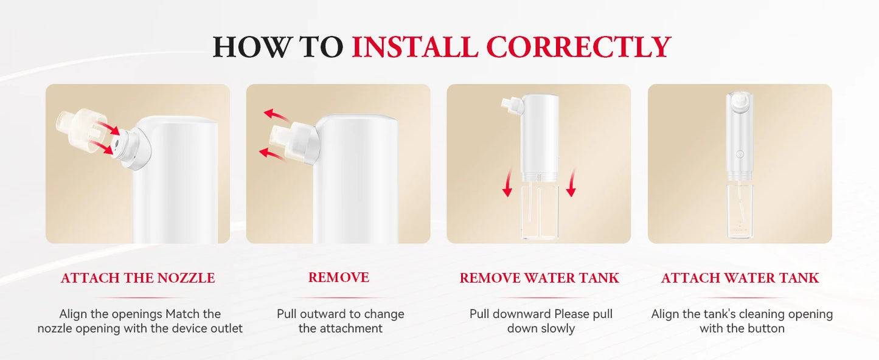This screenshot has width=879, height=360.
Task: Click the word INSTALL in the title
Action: coord(415,47)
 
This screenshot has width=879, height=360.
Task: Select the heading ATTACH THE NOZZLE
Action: coord(137,278)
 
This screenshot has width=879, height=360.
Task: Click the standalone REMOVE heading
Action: coord(339,277)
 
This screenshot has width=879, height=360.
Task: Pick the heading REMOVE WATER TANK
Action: coord(539,278)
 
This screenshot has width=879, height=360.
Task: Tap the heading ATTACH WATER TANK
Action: coord(740,278)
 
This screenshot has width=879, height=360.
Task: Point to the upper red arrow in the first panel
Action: coord(108,128)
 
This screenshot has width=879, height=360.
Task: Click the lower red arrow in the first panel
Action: coord(101,148)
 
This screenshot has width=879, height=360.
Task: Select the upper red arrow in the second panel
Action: coord(276,116)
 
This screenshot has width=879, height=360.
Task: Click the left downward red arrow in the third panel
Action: coord(508,182)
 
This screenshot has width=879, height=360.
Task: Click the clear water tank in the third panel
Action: coord(539,212)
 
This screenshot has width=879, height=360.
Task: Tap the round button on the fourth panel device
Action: coord(740,154)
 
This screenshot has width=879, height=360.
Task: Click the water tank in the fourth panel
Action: coord(740,210)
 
